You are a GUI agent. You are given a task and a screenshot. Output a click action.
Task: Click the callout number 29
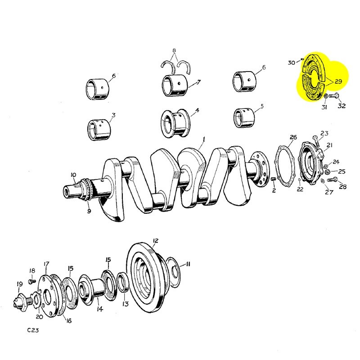pyautogui.click(x=338, y=81)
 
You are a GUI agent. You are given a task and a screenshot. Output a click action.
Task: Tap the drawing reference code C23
pyautogui.click(x=33, y=330)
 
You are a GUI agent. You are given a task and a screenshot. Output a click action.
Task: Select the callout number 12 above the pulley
pyautogui.click(x=155, y=241)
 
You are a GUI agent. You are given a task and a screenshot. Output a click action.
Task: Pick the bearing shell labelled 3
pyautogui.click(x=99, y=130)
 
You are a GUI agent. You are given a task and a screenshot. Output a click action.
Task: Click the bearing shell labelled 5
pyautogui.click(x=244, y=118)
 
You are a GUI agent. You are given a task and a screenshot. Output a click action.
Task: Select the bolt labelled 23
pyautogui.click(x=316, y=141)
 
